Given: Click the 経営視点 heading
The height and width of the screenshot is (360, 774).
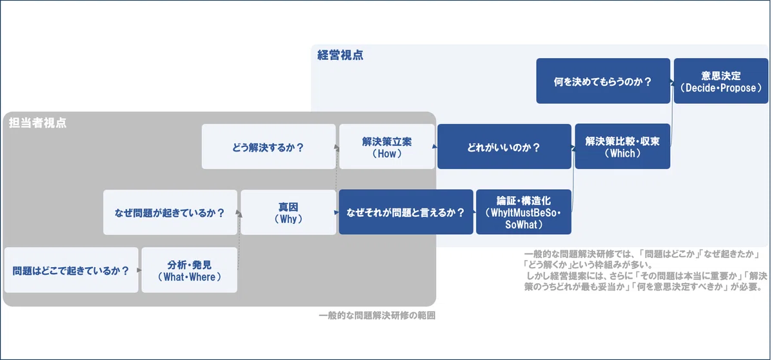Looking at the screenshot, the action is [x=341, y=55].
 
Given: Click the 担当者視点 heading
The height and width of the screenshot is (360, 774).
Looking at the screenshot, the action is [x=37, y=123].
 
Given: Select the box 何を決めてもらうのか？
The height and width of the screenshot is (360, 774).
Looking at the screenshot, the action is [x=603, y=81].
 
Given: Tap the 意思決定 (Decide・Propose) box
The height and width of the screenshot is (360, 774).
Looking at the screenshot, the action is [x=721, y=81].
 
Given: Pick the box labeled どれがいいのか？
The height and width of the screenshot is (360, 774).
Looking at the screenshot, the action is [x=504, y=146].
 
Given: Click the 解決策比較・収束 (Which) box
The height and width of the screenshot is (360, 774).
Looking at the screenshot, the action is [x=622, y=146].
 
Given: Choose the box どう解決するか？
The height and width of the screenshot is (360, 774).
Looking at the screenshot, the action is [x=268, y=146].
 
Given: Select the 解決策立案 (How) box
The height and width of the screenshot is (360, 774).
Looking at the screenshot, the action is [x=387, y=146].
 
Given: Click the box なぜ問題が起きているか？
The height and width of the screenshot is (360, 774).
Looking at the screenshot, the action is [x=170, y=212].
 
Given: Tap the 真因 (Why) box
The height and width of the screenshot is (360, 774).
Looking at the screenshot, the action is [x=288, y=212].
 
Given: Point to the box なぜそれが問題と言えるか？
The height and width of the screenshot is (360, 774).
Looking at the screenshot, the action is [x=406, y=212].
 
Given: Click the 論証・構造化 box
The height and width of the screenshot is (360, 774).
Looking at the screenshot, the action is [x=524, y=212].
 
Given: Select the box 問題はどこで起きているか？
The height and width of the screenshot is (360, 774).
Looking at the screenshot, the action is [x=71, y=270].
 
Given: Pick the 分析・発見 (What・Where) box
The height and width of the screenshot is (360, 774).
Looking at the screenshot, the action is [x=190, y=270].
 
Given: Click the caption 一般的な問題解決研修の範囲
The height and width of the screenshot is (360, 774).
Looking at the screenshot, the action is [x=377, y=315].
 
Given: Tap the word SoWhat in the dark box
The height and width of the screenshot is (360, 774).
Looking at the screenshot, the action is [x=521, y=225].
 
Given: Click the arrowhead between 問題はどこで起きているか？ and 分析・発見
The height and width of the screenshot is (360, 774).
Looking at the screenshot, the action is [x=139, y=270].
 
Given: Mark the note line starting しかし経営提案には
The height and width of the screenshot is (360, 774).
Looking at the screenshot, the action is [x=646, y=276].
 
